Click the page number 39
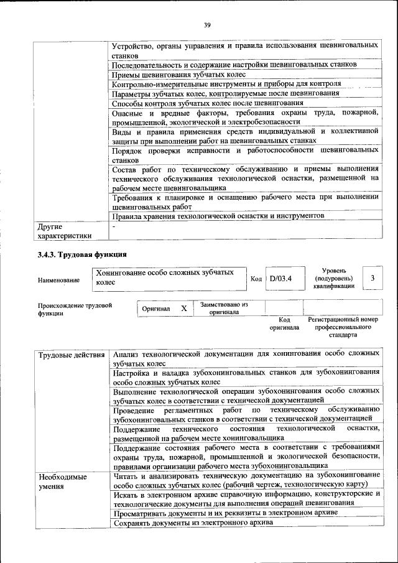(x=207, y=24)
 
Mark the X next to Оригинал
(x=183, y=309)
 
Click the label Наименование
(x=58, y=280)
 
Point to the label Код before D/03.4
(x=256, y=278)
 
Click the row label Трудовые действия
(x=72, y=355)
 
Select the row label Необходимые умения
(x=63, y=482)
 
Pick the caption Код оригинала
(x=284, y=323)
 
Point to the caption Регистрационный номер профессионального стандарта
(x=343, y=327)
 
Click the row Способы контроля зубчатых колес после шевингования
(x=208, y=103)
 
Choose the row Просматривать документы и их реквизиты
(x=226, y=513)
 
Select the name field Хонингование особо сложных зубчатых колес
(x=168, y=277)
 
